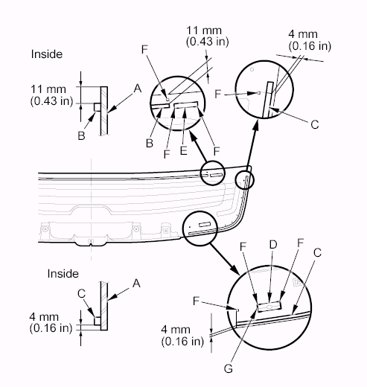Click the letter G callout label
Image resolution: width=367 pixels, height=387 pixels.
coord(229,368)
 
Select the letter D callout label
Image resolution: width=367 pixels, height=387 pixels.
coord(273,245)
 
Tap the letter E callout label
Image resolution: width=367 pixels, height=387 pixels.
coord(183,150)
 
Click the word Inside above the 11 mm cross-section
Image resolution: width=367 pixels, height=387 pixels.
coord(47,54)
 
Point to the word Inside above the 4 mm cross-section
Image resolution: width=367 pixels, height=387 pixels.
coord(63,274)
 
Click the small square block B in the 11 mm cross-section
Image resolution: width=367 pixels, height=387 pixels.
coord(97,107)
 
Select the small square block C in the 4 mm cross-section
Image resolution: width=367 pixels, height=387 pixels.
coord(98,321)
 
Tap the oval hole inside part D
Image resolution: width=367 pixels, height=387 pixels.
coord(269,307)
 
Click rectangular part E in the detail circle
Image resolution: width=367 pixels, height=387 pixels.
coord(186,105)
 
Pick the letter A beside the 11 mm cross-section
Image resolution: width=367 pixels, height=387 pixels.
coord(138,89)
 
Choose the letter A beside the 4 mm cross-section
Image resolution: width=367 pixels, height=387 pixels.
coord(136,283)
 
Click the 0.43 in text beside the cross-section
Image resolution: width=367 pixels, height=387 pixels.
coord(51,101)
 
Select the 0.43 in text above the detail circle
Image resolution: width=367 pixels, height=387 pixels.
coord(208,42)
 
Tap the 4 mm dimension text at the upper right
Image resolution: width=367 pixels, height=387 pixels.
coord(303,34)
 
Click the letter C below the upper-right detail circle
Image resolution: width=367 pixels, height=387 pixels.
coord(315,124)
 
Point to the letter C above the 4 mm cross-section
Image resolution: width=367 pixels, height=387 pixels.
coord(81,293)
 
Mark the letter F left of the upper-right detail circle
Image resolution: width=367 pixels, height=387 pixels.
coord(217,94)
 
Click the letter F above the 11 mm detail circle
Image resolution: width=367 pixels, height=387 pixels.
coord(144,49)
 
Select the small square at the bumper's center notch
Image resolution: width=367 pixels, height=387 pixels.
coord(91,241)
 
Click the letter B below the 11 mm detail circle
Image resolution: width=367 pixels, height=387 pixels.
coord(150,143)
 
